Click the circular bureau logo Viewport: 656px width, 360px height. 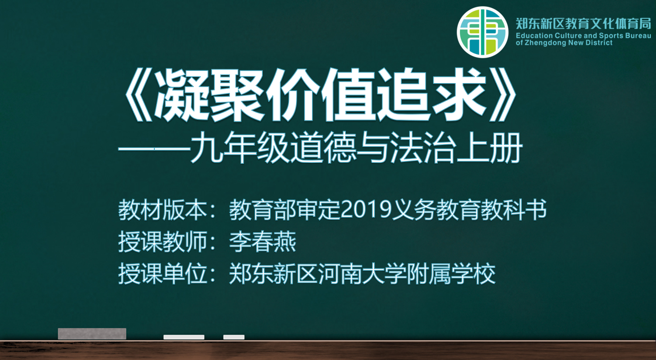click(x=482, y=32)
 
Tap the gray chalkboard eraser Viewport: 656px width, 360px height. click(x=92, y=334)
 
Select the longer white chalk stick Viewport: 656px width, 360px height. click(x=183, y=337)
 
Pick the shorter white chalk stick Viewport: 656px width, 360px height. click(x=234, y=337)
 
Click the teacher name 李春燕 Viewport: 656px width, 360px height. click(x=263, y=242)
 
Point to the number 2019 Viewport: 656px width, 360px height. click(x=366, y=210)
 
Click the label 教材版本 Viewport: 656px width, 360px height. click(x=162, y=210)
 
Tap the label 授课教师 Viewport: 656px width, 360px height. click(x=162, y=242)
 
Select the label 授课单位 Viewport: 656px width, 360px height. click(x=162, y=274)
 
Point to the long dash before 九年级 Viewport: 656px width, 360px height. click(x=154, y=149)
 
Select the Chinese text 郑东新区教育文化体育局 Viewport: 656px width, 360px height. click(x=583, y=24)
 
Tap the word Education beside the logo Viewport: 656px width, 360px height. click(x=534, y=36)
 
